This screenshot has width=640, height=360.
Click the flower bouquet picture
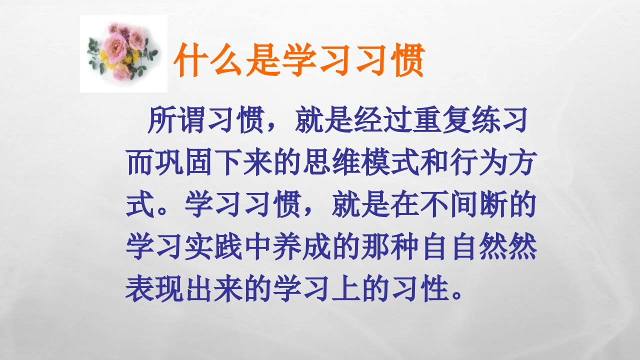(123, 53)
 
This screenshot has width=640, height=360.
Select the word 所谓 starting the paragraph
(172, 121)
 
